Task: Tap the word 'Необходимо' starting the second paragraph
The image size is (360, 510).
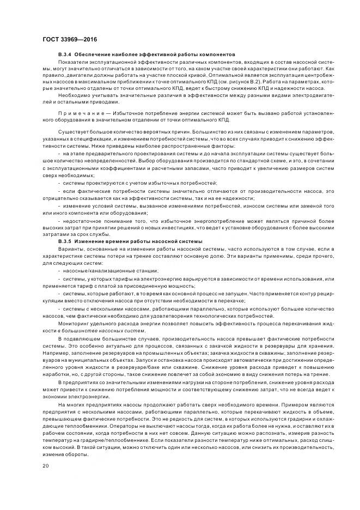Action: [x=71, y=95]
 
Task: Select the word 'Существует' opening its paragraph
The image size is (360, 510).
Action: [x=71, y=131]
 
